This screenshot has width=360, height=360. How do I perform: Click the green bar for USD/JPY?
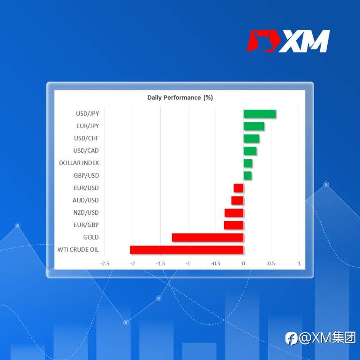tap(259, 114)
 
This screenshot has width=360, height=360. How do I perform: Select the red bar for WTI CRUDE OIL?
tap(187, 250)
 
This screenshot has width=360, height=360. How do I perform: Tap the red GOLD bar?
tap(208, 237)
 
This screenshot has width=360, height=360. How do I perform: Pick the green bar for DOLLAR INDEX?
tap(247, 163)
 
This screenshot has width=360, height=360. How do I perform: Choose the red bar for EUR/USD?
tap(239, 188)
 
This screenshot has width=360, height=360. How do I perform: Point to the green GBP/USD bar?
tap(247, 176)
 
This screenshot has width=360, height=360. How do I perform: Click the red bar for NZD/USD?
tap(234, 213)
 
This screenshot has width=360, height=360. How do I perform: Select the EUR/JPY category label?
tap(88, 126)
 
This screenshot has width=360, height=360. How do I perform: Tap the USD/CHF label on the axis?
tap(86, 138)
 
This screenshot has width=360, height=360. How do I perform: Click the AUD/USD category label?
tap(86, 200)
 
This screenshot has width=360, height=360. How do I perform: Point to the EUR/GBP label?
tap(86, 225)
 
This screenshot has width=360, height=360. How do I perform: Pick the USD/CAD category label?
tap(86, 150)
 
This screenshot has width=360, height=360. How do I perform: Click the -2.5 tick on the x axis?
tap(105, 263)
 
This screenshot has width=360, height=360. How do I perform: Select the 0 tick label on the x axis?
tap(243, 263)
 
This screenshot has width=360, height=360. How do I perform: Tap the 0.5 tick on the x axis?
tap(271, 263)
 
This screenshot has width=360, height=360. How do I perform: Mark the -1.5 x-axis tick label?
tap(160, 263)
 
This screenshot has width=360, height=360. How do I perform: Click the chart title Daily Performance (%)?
tap(180, 98)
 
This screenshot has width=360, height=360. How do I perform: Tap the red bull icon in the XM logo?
tap(263, 41)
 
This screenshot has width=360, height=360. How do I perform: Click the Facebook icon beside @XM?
tap(291, 338)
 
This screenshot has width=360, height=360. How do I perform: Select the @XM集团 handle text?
tap(327, 338)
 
